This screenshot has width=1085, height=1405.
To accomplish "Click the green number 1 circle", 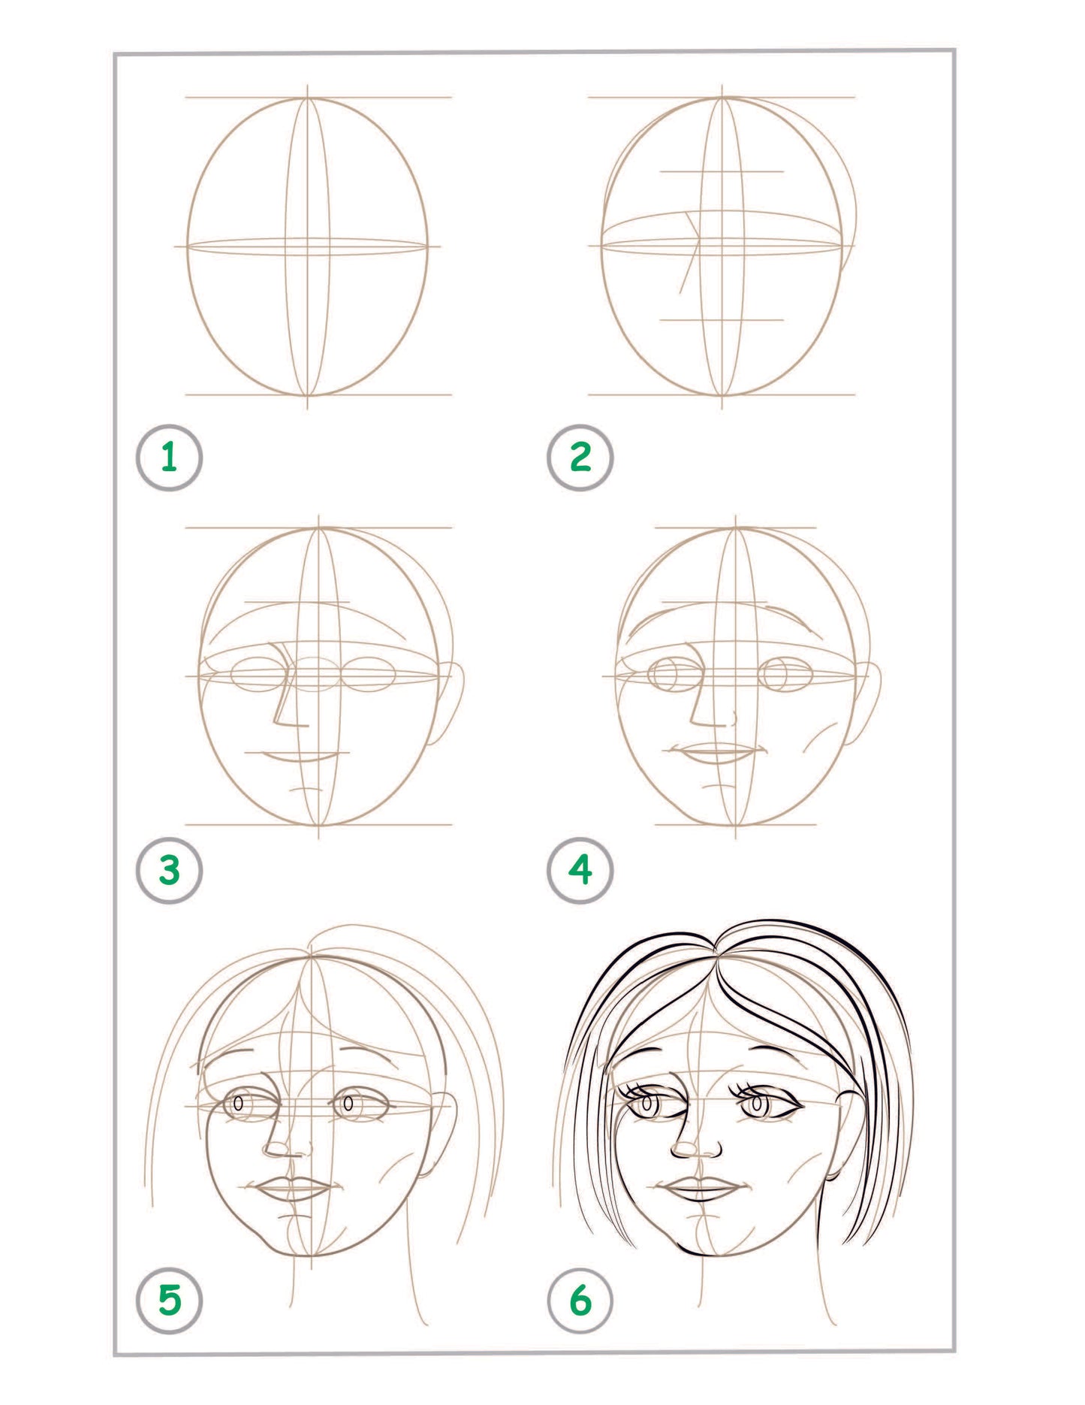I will click(x=169, y=458).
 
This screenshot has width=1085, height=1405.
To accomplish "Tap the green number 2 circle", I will click(x=580, y=458).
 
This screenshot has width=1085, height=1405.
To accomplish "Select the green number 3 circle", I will click(x=169, y=870).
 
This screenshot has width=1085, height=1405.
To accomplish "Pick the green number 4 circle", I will click(x=580, y=870).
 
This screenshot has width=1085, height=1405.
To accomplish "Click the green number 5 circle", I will click(x=169, y=1300).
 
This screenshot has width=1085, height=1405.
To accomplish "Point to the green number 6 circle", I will click(x=580, y=1300).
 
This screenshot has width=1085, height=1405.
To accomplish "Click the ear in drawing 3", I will click(x=451, y=702).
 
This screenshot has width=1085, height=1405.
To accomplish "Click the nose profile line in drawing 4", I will click(x=697, y=691).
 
